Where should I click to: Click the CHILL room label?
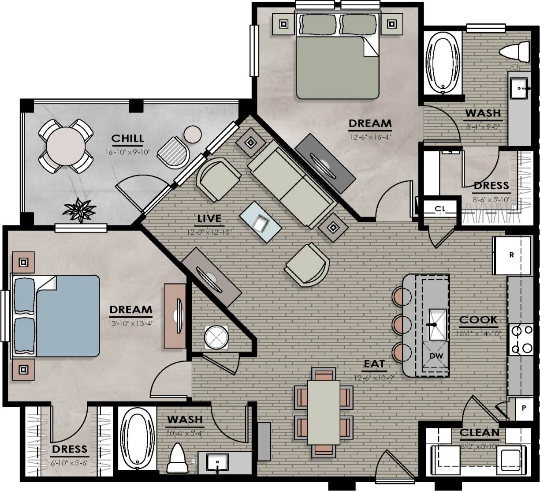127,139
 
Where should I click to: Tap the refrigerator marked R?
511,255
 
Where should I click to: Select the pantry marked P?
524,408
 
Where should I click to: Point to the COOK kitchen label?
478,320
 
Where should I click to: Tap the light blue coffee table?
261,222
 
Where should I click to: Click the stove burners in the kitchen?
521,339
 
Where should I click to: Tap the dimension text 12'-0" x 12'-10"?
209,231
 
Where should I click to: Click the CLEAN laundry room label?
480,433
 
